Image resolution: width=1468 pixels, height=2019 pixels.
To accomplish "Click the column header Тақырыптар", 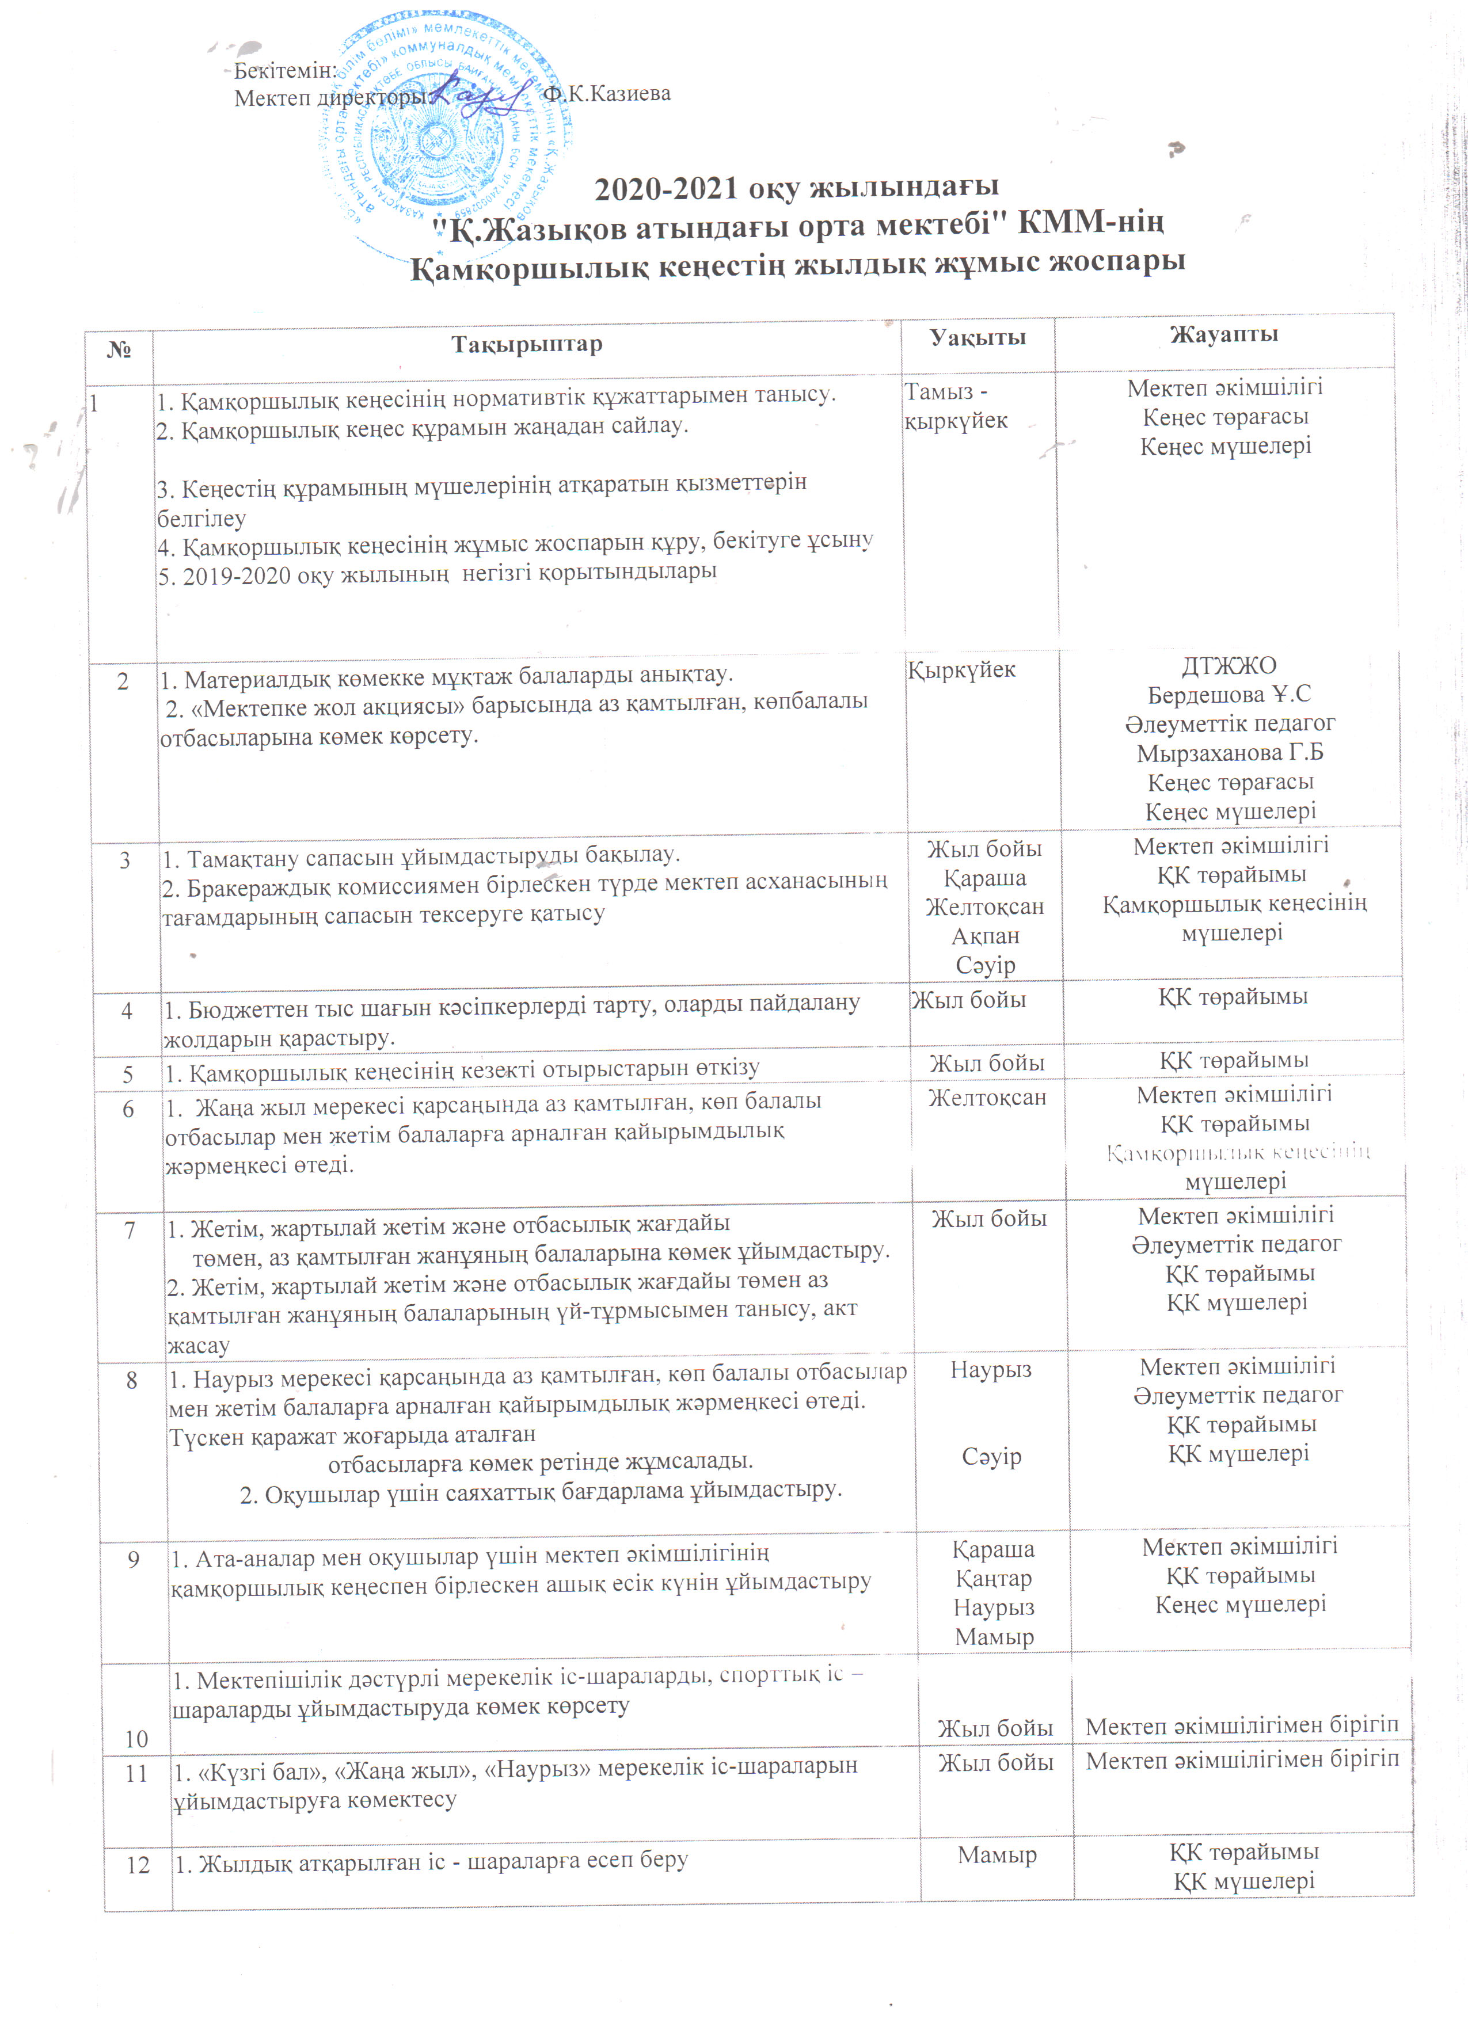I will point(526,345).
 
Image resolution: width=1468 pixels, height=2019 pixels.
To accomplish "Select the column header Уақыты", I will point(978,337).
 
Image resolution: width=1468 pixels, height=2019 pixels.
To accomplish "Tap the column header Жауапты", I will point(1224,335).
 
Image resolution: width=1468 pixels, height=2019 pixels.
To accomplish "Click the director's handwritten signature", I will point(481,93).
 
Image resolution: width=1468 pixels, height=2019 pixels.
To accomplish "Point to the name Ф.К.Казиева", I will point(607,93).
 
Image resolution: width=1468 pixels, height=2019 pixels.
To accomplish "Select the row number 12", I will point(138,1865).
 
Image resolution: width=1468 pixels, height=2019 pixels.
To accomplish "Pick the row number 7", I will point(130,1231).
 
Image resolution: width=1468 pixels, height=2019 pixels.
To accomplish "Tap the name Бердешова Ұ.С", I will point(1229,694).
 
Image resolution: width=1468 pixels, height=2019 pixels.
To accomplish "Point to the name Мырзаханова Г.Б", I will point(1230,753).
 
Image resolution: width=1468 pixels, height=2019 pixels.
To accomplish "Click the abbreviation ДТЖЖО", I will point(1229,666).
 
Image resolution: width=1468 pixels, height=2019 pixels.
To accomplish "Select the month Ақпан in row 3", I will point(984,936).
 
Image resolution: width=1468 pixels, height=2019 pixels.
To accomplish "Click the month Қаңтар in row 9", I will point(994,1578).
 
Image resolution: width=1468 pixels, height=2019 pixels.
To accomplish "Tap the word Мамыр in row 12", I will point(997,1855).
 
